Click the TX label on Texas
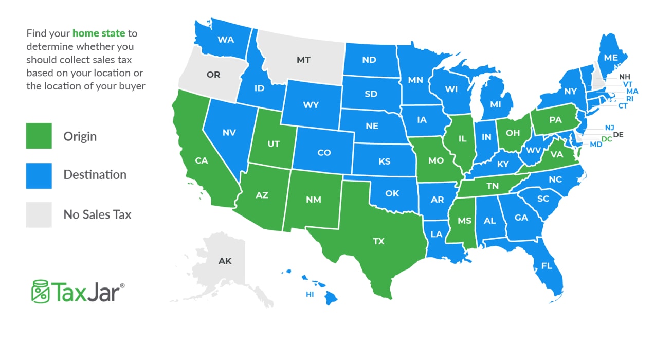tap(378, 241)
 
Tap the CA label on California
tap(201, 160)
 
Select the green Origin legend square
tap(39, 136)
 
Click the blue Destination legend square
tap(39, 175)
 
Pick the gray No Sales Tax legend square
tap(39, 214)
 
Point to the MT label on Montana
tap(303, 60)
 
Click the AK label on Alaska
tap(225, 261)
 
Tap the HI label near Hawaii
tap(310, 294)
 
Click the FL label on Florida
tap(547, 266)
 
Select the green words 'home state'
tap(99, 33)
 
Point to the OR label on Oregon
tap(213, 75)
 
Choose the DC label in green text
tap(607, 139)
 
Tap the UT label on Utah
tap(274, 144)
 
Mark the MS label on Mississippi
tap(464, 220)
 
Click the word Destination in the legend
tap(95, 175)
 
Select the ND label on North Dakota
tap(369, 60)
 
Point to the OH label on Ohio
tap(513, 133)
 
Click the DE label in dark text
tap(618, 135)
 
